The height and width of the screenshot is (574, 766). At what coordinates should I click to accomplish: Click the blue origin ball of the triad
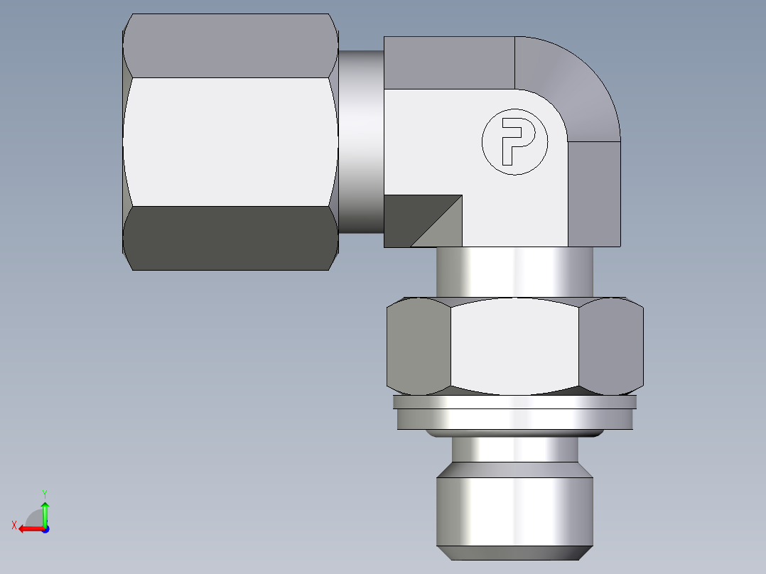tap(45, 529)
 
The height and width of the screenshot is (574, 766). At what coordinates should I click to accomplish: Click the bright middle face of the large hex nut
tap(230, 141)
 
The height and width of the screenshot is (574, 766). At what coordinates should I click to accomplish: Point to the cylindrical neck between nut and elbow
tap(361, 141)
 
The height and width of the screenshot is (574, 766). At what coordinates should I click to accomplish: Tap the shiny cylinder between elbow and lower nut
tap(514, 271)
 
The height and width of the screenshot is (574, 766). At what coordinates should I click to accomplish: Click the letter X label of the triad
tap(14, 525)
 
